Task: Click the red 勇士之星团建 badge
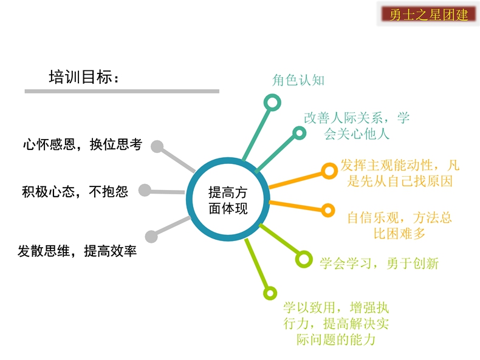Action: (x=428, y=15)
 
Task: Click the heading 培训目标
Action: (x=84, y=76)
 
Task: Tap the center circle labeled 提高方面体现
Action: (x=228, y=199)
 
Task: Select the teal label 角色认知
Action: (x=298, y=80)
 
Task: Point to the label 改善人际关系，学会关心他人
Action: (x=357, y=126)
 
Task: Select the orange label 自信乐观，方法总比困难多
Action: (x=399, y=226)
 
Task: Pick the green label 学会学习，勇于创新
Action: (x=379, y=263)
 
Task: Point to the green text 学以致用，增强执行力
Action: (x=336, y=315)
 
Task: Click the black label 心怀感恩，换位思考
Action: (x=83, y=144)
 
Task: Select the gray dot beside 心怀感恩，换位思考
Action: (x=157, y=146)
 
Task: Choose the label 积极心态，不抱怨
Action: (x=75, y=192)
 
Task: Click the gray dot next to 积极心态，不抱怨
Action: (x=145, y=190)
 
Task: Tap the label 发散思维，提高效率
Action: (x=77, y=251)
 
